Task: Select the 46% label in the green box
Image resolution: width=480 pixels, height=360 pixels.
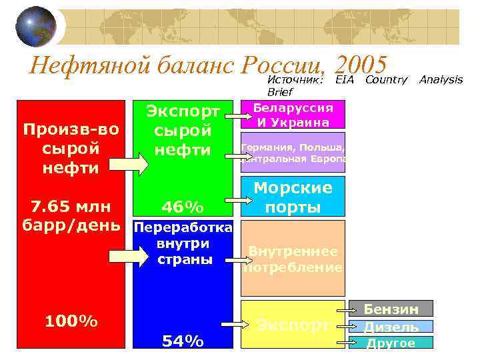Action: [183, 204]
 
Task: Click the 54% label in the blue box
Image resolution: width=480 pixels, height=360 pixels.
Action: [183, 341]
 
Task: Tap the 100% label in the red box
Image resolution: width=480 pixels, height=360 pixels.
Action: [71, 321]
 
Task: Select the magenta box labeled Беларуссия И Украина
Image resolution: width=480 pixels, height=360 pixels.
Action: [293, 115]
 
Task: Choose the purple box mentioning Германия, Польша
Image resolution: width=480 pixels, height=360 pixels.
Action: [293, 152]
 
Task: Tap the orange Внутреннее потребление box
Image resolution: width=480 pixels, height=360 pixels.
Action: [293, 259]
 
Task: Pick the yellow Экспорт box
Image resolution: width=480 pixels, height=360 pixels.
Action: [293, 325]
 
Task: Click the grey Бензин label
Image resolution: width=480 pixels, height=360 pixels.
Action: [391, 309]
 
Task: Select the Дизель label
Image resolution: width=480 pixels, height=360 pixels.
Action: [391, 327]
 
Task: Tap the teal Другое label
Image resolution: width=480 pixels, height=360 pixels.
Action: [391, 343]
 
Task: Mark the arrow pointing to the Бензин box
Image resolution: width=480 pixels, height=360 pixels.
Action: [347, 310]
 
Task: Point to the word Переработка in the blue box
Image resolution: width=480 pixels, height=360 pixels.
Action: [183, 229]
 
